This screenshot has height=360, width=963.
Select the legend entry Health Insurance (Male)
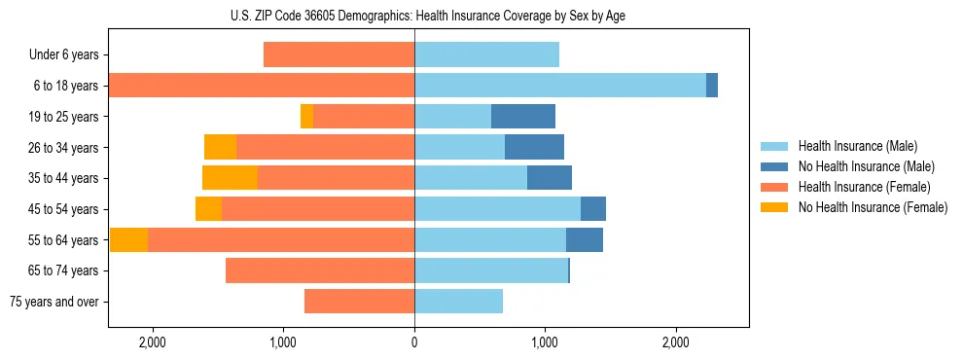pos(855,146)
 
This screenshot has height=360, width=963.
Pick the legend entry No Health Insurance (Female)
pos(873,207)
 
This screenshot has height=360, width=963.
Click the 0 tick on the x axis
pos(414,342)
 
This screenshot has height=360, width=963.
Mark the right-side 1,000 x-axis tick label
pos(545,342)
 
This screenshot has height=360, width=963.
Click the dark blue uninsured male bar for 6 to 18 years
pos(712,86)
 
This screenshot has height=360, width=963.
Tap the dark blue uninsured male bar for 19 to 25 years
pos(523,117)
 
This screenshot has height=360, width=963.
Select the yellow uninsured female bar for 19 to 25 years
pos(306,117)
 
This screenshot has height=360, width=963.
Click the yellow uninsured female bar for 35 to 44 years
pos(230,178)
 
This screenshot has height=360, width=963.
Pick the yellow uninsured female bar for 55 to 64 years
pos(128,240)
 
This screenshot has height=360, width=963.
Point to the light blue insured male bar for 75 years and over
pos(458,302)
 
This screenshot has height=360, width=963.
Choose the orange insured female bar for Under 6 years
pos(339,54)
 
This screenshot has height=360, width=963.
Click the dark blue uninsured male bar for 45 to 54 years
pos(593,209)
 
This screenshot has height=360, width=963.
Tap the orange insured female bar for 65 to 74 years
pos(320,270)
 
